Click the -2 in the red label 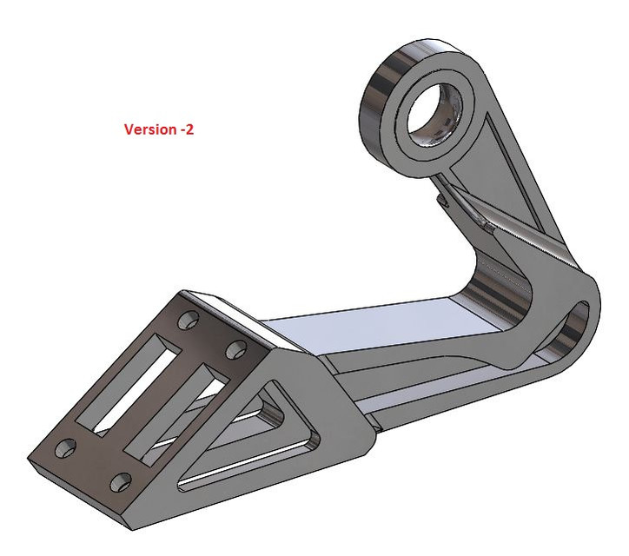tap(187, 129)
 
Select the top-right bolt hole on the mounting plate tap(235, 350)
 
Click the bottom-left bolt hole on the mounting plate tap(65, 448)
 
